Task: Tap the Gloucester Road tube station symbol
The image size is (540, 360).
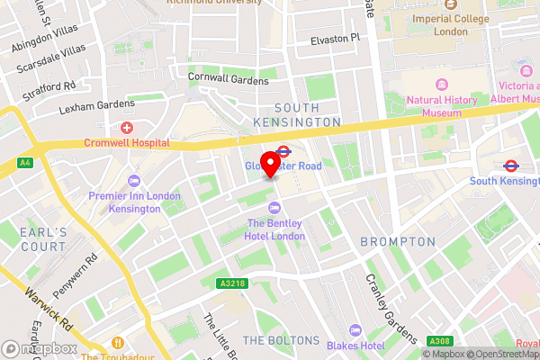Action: (283, 153)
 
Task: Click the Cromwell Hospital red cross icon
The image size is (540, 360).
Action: (127, 128)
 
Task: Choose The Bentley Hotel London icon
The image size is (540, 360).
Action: (275, 209)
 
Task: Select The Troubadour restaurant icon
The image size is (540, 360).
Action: (118, 342)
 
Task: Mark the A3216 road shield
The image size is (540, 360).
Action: (230, 283)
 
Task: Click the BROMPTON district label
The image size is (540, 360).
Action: (397, 242)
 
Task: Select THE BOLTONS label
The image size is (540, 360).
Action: (281, 340)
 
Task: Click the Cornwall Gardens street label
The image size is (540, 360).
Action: (228, 79)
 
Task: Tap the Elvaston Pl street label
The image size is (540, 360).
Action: (335, 38)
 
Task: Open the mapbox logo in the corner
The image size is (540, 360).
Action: (40, 348)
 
